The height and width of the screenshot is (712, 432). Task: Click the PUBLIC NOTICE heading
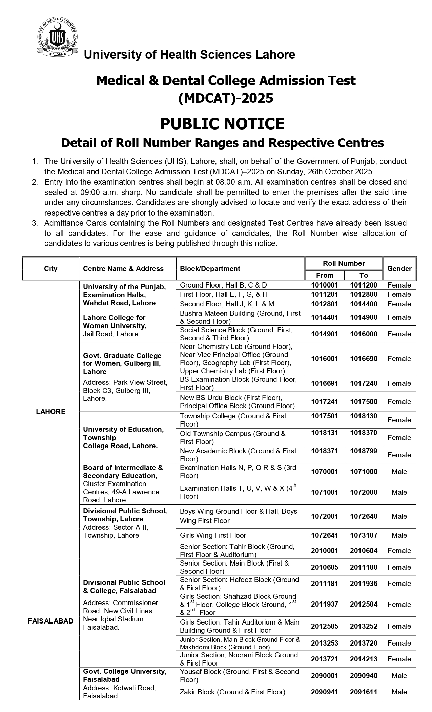222,124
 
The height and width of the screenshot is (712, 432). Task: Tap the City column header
51,269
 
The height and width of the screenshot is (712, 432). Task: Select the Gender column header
399,269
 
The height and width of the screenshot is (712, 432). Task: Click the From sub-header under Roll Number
325,275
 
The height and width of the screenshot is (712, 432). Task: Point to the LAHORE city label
51,411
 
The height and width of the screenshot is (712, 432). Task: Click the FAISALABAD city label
51,621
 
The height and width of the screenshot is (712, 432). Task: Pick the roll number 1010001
325,285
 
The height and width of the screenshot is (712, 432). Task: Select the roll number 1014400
364,304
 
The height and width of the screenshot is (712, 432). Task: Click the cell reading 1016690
364,359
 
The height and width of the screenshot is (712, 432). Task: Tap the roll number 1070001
325,472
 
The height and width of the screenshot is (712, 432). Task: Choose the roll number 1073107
364,535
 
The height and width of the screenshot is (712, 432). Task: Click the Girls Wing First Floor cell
213,535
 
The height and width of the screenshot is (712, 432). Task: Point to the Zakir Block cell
232,692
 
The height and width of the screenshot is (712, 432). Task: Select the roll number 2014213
364,659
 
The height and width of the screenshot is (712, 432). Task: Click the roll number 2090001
325,676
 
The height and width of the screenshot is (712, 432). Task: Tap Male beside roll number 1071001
399,492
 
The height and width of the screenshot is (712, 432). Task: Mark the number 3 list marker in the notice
35,223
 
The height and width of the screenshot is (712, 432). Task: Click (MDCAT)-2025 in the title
226,98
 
